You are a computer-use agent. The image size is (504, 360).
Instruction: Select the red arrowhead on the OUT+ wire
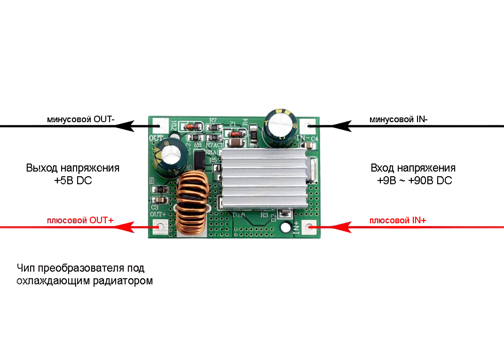point(124,227)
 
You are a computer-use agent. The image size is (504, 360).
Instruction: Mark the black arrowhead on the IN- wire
point(342,126)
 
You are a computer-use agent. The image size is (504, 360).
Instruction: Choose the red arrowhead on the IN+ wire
point(342,227)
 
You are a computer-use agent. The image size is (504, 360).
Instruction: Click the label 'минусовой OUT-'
point(80,119)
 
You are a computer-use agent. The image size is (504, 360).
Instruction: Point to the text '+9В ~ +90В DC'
point(414,180)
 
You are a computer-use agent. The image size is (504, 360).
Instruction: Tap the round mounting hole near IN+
point(285,228)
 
